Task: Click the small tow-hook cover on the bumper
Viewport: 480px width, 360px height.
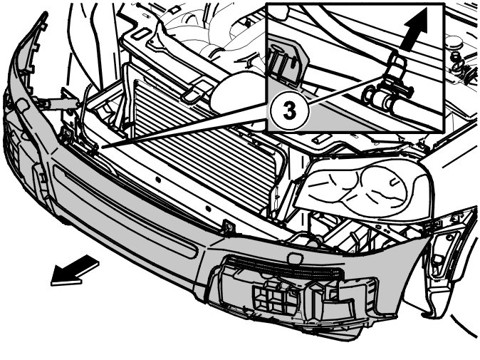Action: click(x=295, y=257)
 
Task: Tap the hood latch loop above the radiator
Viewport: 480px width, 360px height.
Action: click(x=194, y=93)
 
